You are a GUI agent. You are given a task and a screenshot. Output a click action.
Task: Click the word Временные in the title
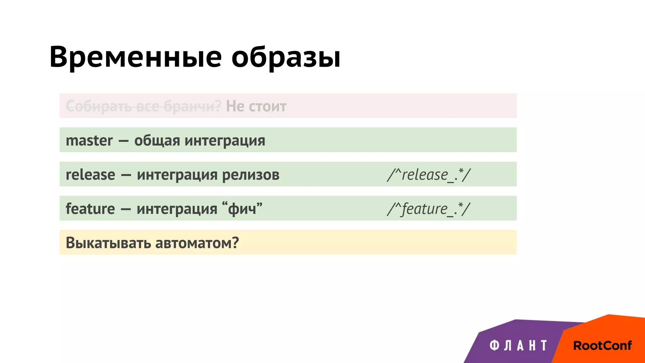click(x=135, y=57)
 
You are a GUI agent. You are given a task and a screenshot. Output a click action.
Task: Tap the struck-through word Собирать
click(x=99, y=107)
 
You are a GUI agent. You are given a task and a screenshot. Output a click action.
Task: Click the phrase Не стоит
click(x=256, y=107)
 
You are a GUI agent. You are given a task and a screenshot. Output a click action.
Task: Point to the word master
click(x=89, y=141)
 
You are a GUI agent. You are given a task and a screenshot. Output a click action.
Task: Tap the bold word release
click(x=90, y=175)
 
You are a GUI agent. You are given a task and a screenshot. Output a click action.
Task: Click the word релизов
click(x=251, y=175)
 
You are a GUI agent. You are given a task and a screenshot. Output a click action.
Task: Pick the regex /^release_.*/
click(x=429, y=175)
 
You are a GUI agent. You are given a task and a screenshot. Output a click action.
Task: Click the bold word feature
click(x=90, y=209)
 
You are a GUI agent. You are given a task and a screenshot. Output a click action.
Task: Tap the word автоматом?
click(x=197, y=243)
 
